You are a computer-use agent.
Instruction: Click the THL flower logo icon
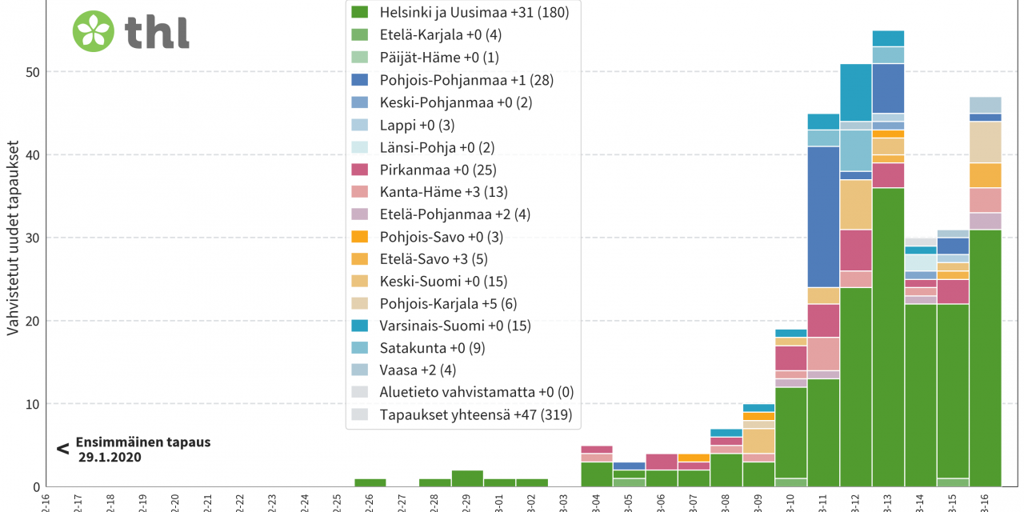(x=94, y=31)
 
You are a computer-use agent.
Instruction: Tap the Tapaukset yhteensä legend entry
(x=465, y=414)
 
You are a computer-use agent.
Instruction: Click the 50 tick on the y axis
(x=32, y=72)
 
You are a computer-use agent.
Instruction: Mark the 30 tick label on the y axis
(x=32, y=238)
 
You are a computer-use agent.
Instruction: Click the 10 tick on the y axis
(x=32, y=404)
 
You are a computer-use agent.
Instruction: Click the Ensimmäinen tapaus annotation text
(x=143, y=442)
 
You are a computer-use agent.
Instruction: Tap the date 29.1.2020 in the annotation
(x=110, y=457)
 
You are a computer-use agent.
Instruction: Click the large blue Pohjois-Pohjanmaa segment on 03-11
(x=823, y=217)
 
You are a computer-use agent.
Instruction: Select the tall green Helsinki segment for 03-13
(x=888, y=336)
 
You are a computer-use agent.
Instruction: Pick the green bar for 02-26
(x=370, y=482)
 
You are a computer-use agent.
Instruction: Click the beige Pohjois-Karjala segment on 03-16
(x=985, y=142)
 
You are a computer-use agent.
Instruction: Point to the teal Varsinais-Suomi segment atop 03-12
(x=856, y=93)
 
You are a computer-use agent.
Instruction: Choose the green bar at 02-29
(x=467, y=478)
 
